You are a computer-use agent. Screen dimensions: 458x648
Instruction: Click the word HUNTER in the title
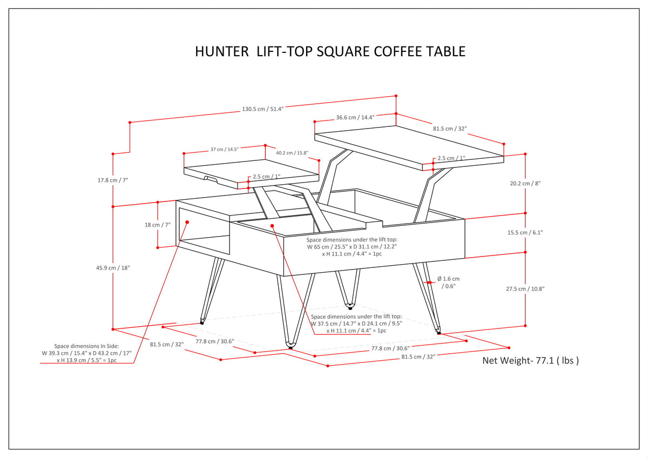point(222,52)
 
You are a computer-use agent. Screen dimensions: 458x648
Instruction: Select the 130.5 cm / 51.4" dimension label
point(262,109)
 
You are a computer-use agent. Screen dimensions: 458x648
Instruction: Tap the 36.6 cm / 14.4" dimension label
point(355,117)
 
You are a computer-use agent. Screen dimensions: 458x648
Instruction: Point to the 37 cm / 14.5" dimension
point(224,149)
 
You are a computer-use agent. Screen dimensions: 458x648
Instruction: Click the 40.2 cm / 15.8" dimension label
point(292,153)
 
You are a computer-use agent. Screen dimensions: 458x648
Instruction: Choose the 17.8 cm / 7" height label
point(112,180)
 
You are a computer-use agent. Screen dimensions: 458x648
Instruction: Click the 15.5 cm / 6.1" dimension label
point(525,232)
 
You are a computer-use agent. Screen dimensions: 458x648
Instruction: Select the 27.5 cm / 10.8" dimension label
point(525,288)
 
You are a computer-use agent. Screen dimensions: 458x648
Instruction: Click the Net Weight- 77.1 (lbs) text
point(530,360)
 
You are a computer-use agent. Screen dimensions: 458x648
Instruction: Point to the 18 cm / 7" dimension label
point(158,225)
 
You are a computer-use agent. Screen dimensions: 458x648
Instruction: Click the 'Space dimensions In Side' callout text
point(86,353)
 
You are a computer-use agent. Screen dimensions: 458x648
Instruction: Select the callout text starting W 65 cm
point(352,246)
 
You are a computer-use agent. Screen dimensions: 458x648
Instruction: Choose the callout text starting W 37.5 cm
point(356,324)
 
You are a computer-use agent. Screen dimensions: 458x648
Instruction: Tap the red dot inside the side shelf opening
point(187,221)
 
